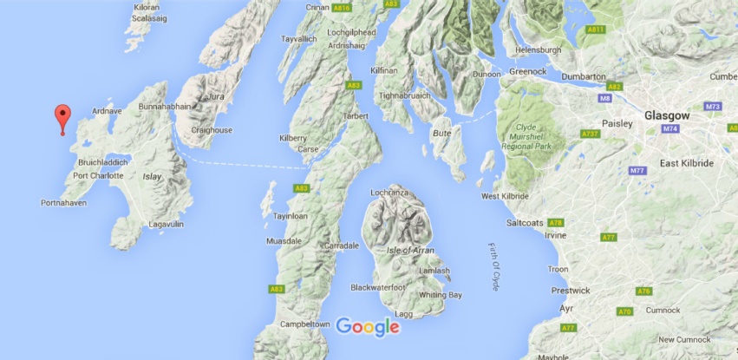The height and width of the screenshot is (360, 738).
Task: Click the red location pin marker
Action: (x=62, y=116)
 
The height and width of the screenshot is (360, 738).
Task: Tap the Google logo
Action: (x=368, y=327)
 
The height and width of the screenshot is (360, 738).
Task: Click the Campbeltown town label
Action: (x=304, y=324)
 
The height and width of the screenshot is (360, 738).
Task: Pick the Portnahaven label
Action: (x=66, y=203)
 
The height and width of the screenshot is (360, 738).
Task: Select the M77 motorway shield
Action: (x=637, y=171)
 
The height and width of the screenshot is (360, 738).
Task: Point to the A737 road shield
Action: (x=591, y=134)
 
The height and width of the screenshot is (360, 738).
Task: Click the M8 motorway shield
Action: (x=604, y=99)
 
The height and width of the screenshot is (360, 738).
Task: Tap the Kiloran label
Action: (x=147, y=7)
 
